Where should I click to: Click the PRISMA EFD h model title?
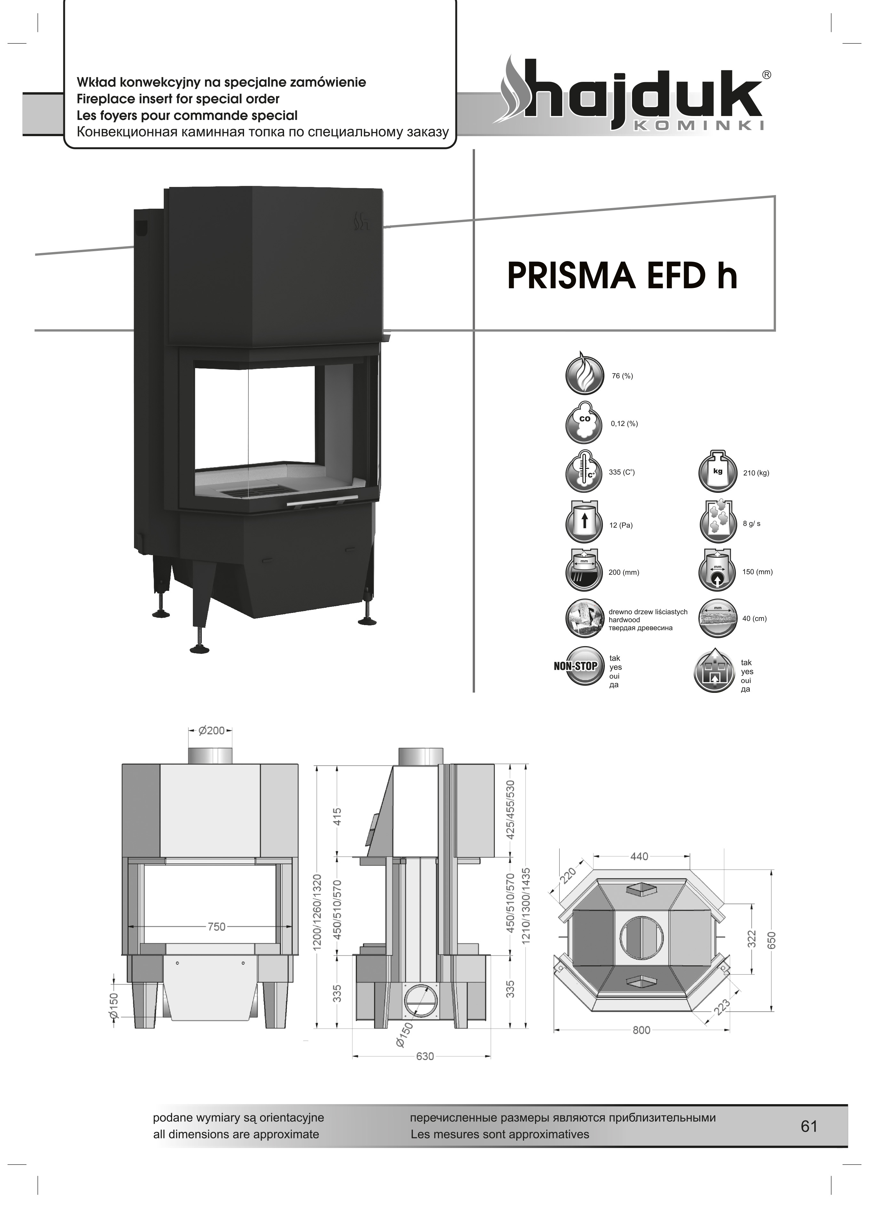click(622, 275)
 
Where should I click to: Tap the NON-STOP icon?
click(576, 665)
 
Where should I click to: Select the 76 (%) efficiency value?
click(622, 376)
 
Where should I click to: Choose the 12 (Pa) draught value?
click(620, 525)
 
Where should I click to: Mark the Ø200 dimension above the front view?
click(211, 731)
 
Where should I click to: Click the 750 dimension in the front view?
click(217, 927)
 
